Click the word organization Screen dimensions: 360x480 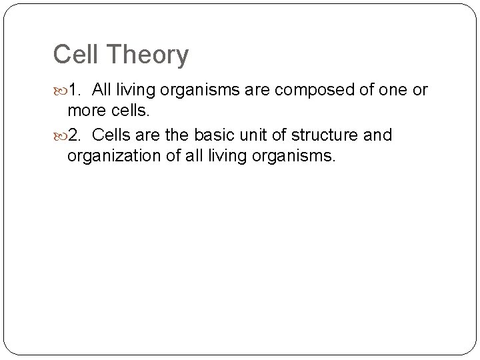[115, 157]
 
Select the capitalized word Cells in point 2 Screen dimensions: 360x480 [112, 136]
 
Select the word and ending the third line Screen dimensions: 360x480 [377, 136]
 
